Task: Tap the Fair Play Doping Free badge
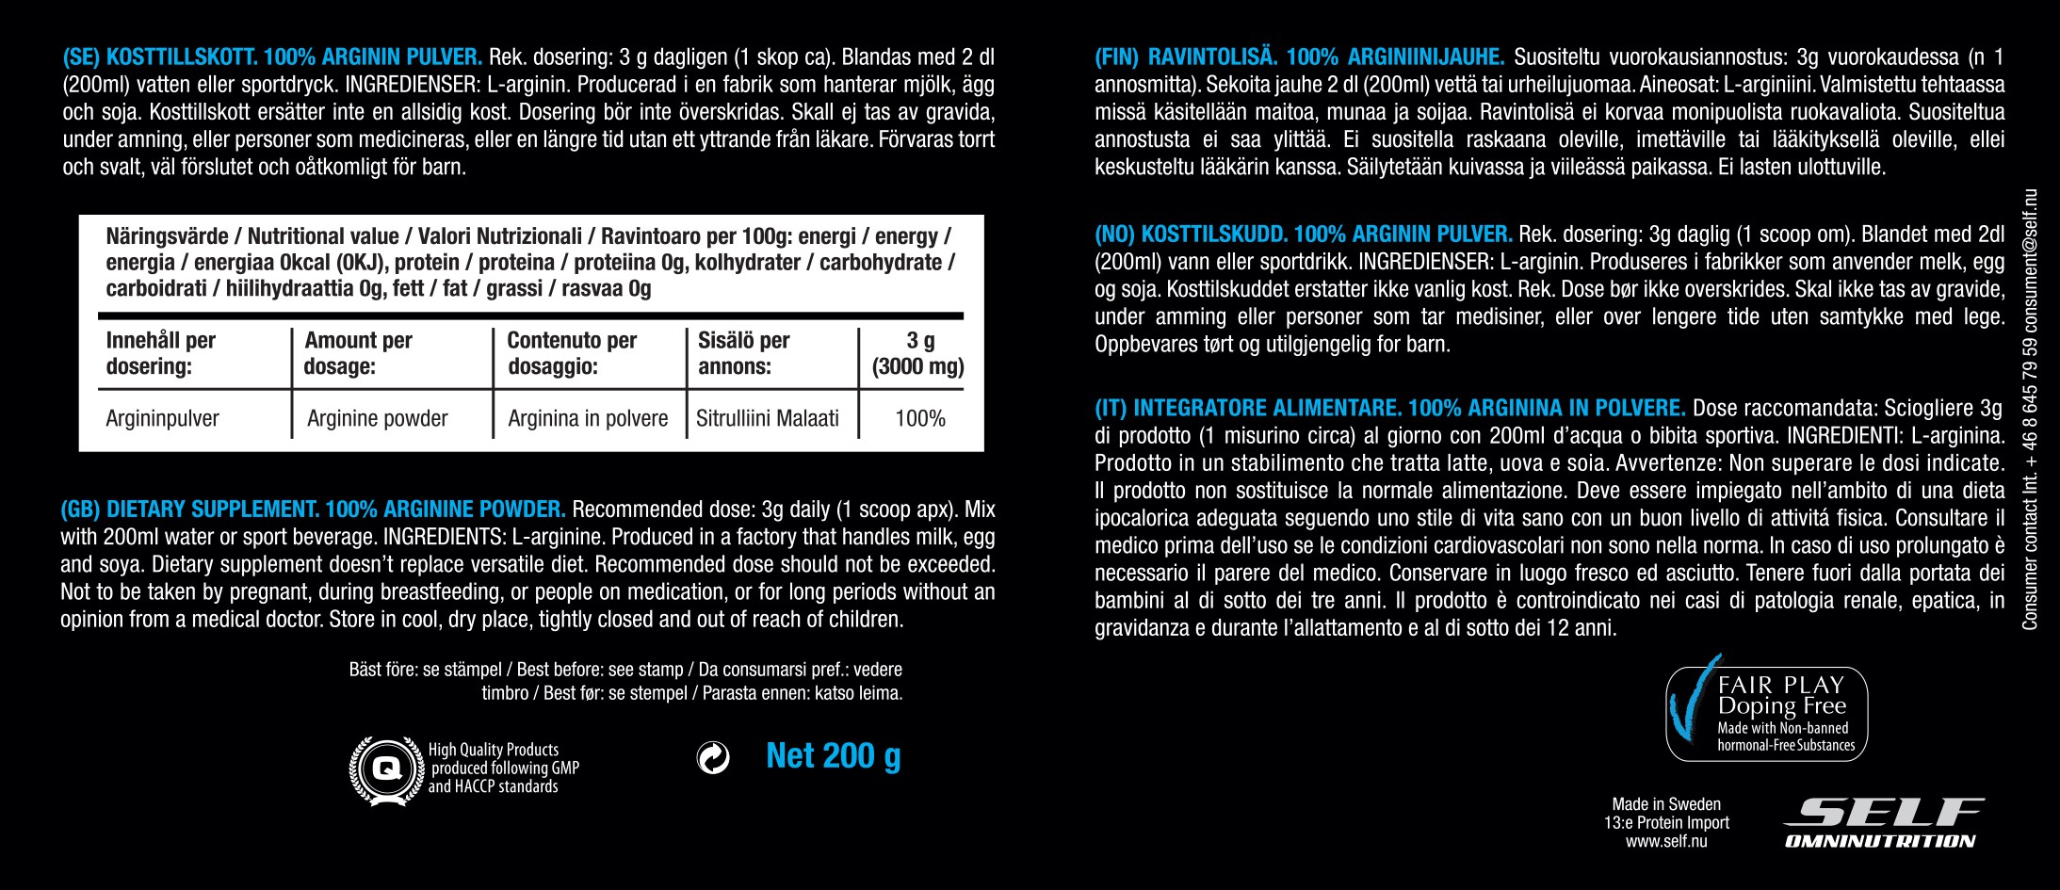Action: click(1767, 713)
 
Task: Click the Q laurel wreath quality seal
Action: click(386, 769)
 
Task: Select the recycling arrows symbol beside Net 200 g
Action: click(713, 757)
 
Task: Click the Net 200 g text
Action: click(833, 756)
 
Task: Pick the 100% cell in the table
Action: click(919, 418)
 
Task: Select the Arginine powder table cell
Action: click(377, 418)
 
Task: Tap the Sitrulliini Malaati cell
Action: click(767, 418)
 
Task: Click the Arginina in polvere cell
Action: click(588, 418)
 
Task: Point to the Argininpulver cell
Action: click(162, 418)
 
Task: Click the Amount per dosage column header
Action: click(358, 353)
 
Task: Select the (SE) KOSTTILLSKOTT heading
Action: click(272, 57)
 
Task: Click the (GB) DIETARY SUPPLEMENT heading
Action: click(313, 510)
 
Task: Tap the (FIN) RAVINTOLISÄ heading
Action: click(1299, 57)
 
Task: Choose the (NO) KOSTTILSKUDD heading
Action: click(1303, 234)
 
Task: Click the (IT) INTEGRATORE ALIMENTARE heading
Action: click(1389, 408)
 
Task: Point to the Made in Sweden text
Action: click(1665, 804)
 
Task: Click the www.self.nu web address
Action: click(1665, 841)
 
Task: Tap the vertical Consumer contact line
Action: click(2030, 410)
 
